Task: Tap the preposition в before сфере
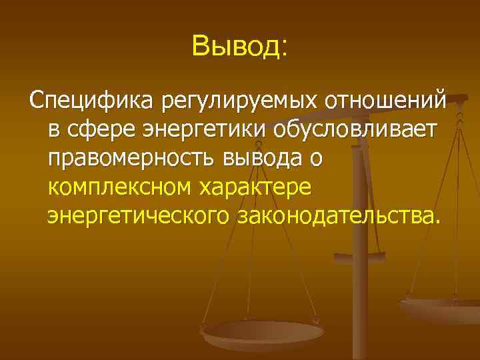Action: pos(53,129)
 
